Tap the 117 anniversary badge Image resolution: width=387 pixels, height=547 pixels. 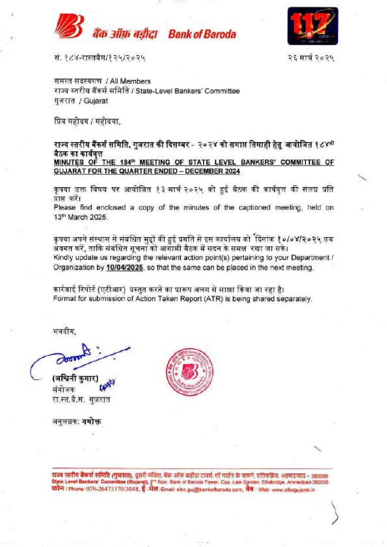coord(312,26)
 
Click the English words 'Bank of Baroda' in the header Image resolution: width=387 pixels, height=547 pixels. coord(202,34)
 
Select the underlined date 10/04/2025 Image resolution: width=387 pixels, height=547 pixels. coord(124,267)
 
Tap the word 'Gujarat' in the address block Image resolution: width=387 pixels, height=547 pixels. coord(96,101)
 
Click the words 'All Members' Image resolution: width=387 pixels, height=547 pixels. coord(130,81)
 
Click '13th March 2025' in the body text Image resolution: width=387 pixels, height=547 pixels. coord(80,217)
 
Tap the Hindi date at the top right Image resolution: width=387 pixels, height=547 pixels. coord(311,58)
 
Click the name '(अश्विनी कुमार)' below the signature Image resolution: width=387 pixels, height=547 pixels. coord(75,379)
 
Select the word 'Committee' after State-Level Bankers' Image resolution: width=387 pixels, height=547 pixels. coord(222,91)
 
